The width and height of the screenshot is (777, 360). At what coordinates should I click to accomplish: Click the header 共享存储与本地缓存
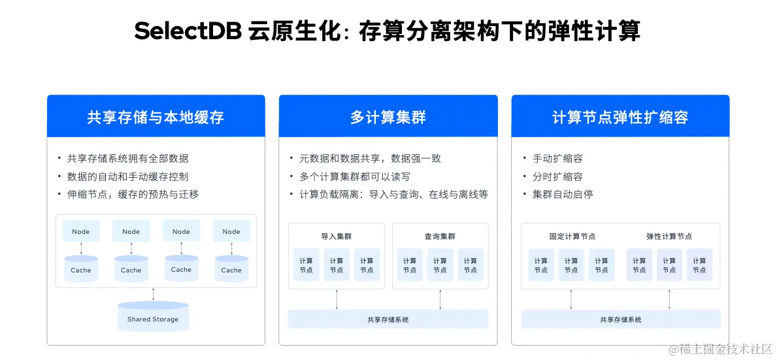pos(156,118)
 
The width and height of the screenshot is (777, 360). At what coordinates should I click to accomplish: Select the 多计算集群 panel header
pos(388,118)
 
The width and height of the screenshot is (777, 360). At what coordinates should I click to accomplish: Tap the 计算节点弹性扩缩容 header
pos(620,118)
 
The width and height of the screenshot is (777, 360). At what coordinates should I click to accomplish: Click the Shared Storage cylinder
pos(153,317)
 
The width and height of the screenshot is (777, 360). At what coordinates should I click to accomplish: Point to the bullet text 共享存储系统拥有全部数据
pos(127,158)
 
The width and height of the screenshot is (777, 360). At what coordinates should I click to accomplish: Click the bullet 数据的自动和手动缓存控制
pos(127,176)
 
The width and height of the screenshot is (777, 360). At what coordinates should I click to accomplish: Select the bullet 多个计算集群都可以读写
pos(354,176)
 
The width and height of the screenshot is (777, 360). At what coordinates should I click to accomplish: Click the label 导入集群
pos(336,237)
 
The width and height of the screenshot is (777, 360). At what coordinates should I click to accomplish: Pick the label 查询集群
pos(440,237)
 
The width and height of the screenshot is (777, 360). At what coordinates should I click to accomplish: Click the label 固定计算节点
pos(572,237)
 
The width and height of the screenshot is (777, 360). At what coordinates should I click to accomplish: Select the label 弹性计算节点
pos(669,237)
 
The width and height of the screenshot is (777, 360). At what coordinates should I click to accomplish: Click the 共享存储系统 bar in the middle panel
pos(388,319)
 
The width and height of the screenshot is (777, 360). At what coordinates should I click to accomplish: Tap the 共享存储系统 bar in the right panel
pos(620,319)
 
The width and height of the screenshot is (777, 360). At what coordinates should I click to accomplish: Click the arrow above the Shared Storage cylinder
pos(153,294)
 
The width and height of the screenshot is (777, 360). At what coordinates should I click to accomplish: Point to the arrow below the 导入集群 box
pos(337,299)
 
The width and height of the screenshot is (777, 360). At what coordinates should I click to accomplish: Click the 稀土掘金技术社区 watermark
pos(720,349)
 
